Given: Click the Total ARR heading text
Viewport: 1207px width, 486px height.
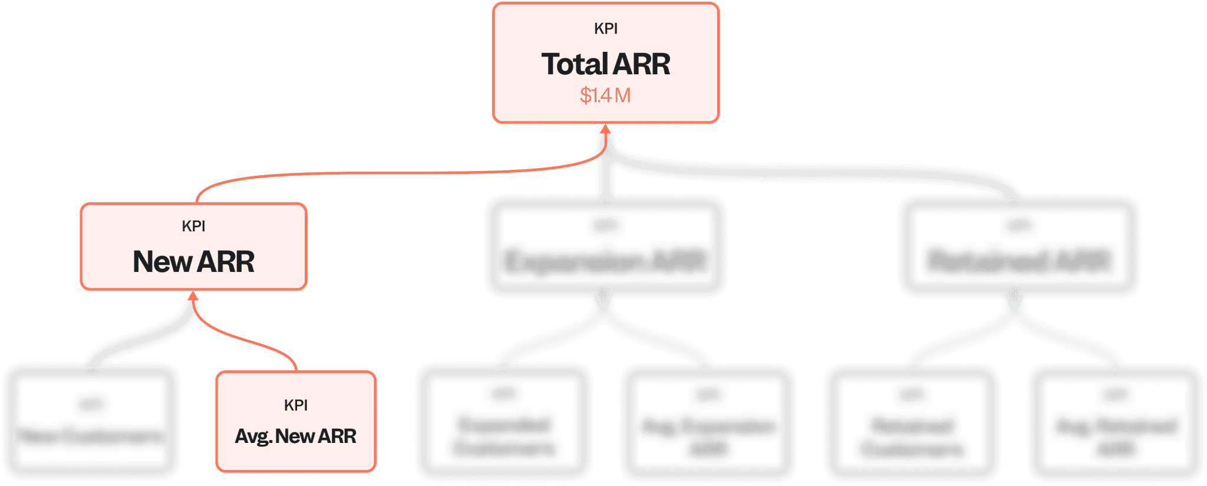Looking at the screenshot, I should (x=606, y=64).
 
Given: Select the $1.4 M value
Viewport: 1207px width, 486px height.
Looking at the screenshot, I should (x=605, y=96).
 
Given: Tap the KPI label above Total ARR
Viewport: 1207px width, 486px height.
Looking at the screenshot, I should (x=606, y=29).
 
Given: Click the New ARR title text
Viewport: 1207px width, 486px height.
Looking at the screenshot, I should (x=193, y=262).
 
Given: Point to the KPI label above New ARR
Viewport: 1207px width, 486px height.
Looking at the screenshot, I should (x=193, y=226).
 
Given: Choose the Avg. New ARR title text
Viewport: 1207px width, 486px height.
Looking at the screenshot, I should (x=295, y=436).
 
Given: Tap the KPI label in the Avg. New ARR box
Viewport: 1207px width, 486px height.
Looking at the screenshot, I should (x=296, y=405).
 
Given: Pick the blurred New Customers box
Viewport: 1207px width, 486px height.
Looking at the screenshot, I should (x=91, y=422).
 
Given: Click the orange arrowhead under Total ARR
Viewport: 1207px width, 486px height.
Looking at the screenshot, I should (x=605, y=130).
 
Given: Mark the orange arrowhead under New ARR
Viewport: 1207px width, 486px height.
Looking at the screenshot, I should (x=193, y=296).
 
